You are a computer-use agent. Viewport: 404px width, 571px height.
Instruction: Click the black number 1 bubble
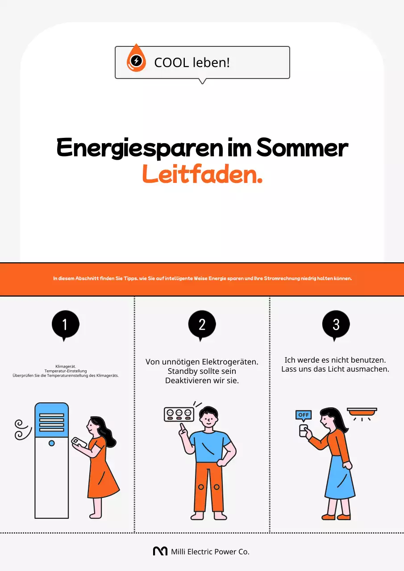point(65,324)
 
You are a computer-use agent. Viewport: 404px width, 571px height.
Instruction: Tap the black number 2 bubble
point(202,324)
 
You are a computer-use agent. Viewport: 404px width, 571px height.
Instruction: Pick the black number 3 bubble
point(336,324)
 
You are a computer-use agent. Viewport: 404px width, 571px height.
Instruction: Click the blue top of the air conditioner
point(52,420)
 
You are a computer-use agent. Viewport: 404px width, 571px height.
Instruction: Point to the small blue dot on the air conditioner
point(52,443)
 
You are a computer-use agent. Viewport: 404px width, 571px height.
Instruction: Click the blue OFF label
point(304,415)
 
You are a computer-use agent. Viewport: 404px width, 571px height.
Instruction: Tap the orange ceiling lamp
point(362,412)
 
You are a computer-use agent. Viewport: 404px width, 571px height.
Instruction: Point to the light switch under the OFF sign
point(304,430)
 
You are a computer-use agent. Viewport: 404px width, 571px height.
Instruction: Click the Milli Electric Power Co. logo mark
point(160,551)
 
